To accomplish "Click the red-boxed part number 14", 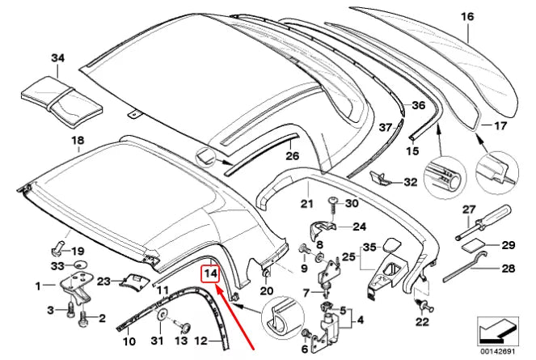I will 210,273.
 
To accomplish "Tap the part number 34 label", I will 56,57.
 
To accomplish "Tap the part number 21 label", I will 306,203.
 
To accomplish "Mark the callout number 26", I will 292,155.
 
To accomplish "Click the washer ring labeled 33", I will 79,264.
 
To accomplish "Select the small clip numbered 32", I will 379,177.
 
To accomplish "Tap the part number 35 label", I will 369,246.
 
